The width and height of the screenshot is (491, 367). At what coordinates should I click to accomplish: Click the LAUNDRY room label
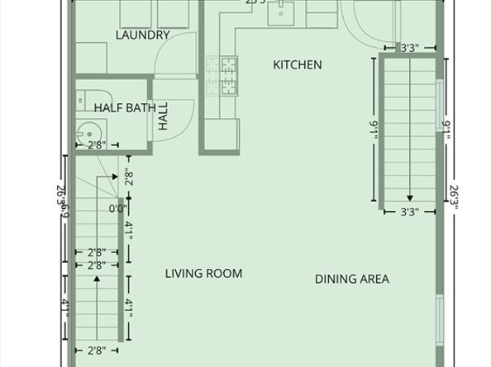[142, 35]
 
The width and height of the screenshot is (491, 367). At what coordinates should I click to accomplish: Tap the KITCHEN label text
[298, 65]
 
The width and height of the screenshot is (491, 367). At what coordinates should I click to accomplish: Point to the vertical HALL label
[163, 116]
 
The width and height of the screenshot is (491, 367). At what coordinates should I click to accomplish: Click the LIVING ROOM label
[203, 273]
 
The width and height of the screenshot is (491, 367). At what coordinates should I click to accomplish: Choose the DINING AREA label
[351, 279]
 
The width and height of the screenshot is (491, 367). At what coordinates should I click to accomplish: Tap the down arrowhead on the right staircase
[410, 198]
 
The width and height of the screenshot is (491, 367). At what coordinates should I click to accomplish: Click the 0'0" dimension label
[118, 209]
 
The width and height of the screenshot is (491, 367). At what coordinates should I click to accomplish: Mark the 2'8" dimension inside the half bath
[97, 146]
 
